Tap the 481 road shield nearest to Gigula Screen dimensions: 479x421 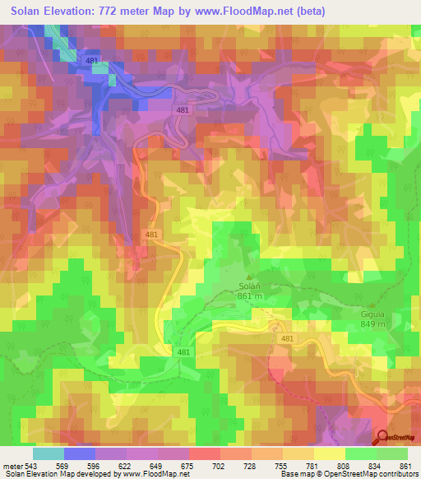coord(286,339)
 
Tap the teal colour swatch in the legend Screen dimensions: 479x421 coord(48,453)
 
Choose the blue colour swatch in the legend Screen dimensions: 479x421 coord(79,453)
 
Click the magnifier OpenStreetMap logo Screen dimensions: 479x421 coord(383,439)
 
